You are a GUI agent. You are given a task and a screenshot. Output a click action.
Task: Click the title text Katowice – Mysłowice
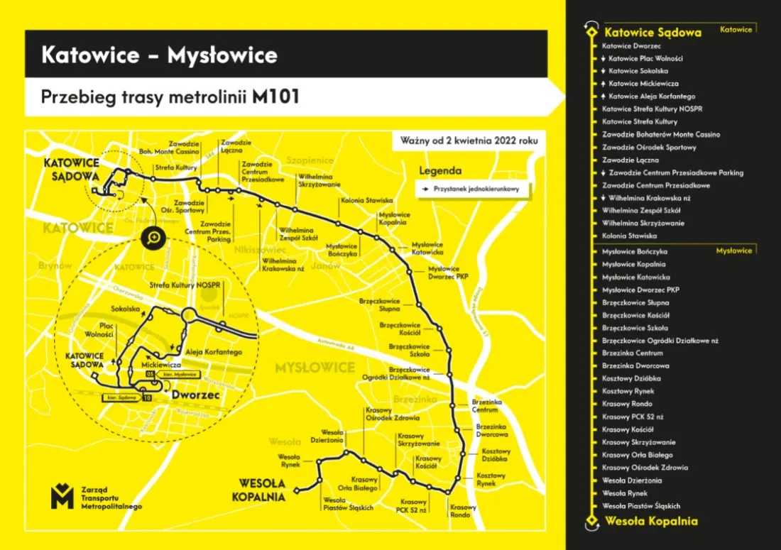click(x=159, y=55)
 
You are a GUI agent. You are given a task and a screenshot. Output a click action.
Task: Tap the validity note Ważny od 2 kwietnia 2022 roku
click(x=469, y=141)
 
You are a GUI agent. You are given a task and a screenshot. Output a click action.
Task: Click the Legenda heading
click(x=439, y=171)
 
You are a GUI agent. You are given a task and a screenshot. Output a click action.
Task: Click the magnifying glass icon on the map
click(x=153, y=239)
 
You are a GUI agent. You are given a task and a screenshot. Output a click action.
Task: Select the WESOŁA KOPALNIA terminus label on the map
click(x=258, y=490)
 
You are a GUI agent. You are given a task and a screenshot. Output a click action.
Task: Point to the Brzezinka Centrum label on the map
click(x=485, y=406)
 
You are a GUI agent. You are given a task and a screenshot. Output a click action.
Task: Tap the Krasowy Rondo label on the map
click(x=463, y=511)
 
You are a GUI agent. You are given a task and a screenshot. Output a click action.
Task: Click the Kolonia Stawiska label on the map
click(x=366, y=201)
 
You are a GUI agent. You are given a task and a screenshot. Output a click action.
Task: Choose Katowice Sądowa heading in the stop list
click(x=652, y=32)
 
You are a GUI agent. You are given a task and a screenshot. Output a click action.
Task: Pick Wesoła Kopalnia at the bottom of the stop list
click(x=650, y=522)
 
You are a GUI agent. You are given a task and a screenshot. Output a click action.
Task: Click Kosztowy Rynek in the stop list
click(x=628, y=391)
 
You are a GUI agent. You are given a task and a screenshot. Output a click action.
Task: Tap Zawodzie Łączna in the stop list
click(x=630, y=160)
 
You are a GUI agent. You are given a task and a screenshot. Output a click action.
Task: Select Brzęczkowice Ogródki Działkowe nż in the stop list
click(x=660, y=341)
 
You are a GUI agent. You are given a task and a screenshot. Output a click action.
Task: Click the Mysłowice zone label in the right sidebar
click(x=733, y=251)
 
